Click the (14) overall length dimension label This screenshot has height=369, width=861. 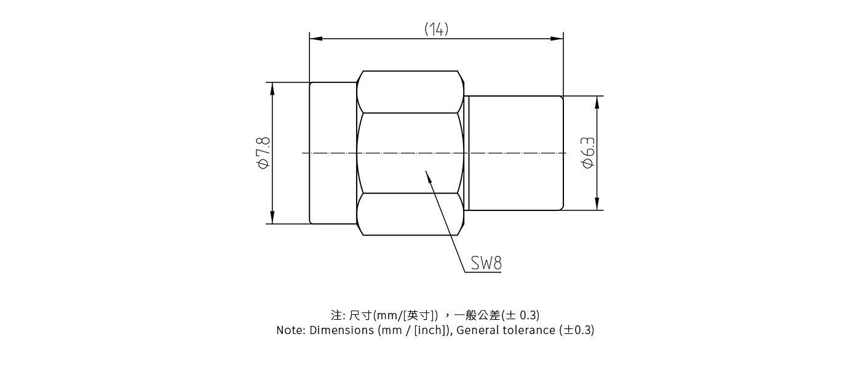(436, 29)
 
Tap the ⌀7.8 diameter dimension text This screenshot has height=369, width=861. (263, 153)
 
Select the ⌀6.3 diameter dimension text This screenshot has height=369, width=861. (588, 153)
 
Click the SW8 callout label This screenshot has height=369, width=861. (486, 263)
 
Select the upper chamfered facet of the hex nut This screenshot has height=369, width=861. (410, 92)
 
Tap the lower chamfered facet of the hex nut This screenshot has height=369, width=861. (410, 214)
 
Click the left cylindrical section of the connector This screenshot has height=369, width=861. (333, 153)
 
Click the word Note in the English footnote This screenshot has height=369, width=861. (289, 330)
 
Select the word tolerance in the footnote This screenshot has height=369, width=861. (530, 330)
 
